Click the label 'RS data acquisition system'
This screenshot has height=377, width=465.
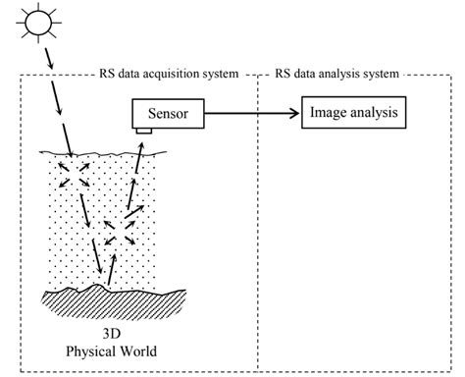(168, 73)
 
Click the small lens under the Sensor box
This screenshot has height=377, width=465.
(143, 132)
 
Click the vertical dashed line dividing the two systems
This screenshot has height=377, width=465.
(257, 226)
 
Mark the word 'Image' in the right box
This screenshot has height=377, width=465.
(328, 114)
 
